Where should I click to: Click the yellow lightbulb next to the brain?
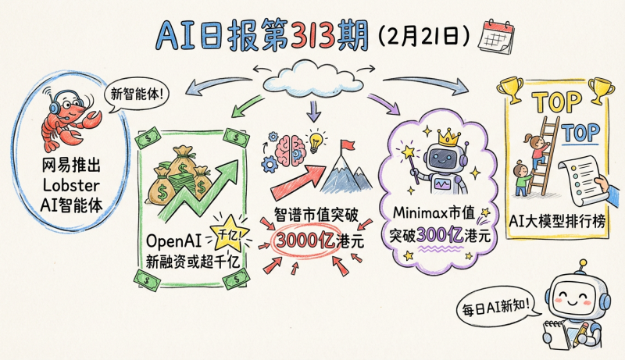(x=316, y=142)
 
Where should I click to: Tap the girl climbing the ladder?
(x=538, y=149)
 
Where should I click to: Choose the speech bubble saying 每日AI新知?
(x=499, y=308)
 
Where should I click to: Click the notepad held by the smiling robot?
(x=556, y=332)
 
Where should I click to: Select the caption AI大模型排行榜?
(x=555, y=221)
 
